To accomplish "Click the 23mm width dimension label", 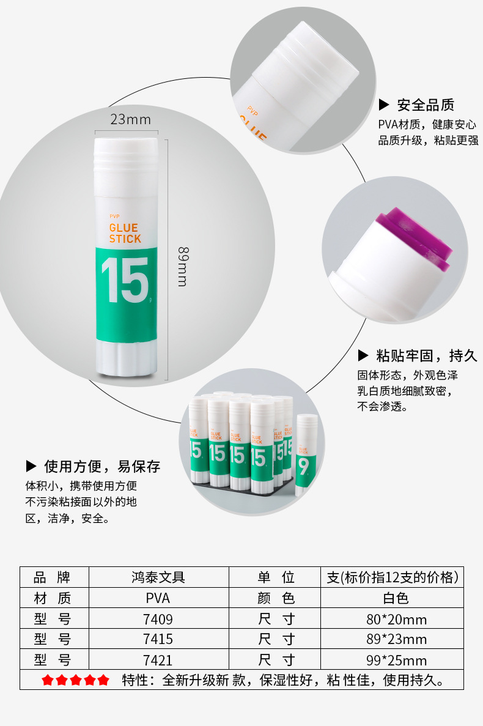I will click(130, 119).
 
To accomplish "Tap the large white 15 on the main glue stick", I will click(125, 280).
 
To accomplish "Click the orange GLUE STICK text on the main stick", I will click(125, 233).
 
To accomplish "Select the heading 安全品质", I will click(426, 105).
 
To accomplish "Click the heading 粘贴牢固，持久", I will click(426, 355).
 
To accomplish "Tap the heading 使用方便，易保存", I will click(102, 467).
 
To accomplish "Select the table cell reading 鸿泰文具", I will click(158, 577).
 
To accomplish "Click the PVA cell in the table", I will click(158, 598).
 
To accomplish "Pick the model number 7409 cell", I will click(158, 619).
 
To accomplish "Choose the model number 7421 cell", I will click(158, 660).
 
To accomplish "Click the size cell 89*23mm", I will click(396, 639).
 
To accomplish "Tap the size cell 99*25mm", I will click(396, 660).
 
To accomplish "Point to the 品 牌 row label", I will click(53, 577).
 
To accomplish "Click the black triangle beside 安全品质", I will click(384, 105).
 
